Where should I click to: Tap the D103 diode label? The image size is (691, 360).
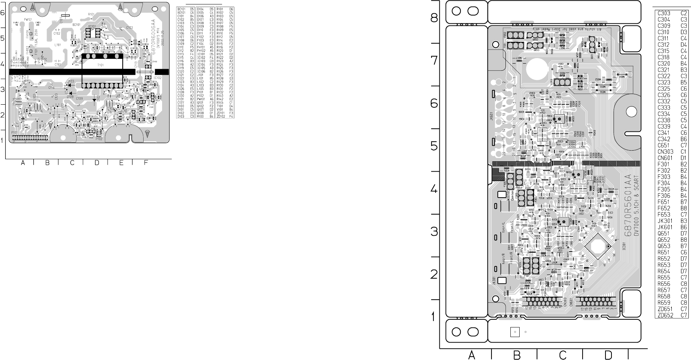70,81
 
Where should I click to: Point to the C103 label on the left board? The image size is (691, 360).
130,27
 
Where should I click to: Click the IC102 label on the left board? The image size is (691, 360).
157,78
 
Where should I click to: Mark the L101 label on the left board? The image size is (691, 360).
58,44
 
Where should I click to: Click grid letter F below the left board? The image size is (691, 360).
146,163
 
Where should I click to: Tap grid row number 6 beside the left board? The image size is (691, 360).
2,13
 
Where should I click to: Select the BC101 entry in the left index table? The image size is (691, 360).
181,9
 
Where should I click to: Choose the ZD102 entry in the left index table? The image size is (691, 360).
221,116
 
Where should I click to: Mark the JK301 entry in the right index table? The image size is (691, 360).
665,221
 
